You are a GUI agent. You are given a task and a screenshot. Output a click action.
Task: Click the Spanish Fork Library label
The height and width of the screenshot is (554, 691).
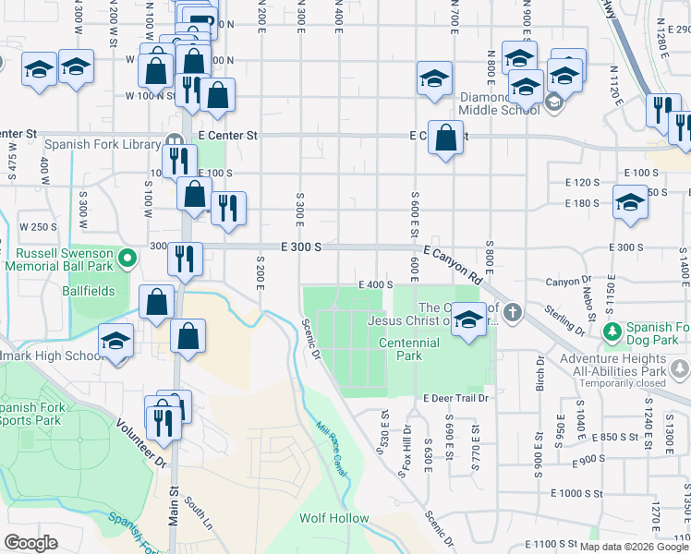103,145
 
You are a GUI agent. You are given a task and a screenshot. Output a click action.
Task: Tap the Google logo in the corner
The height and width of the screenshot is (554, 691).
30,542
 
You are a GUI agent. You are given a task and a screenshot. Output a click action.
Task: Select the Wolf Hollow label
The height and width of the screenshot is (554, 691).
333,519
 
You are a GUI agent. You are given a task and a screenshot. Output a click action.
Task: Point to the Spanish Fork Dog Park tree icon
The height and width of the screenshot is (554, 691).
611,331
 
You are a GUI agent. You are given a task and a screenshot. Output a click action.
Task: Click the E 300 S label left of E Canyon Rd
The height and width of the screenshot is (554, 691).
301,247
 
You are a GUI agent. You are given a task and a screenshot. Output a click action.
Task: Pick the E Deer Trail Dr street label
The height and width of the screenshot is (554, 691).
455,398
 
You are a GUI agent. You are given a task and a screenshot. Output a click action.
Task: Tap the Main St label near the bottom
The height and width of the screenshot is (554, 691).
173,506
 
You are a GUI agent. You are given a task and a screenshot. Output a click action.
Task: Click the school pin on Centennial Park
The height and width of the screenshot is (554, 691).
468,319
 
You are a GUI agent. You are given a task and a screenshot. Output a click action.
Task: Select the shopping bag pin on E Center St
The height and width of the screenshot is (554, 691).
446,138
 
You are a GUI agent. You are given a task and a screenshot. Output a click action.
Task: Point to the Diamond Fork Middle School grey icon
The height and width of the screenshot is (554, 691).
553,101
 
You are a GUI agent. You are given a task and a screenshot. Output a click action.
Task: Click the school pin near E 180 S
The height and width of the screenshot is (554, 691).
631,203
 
